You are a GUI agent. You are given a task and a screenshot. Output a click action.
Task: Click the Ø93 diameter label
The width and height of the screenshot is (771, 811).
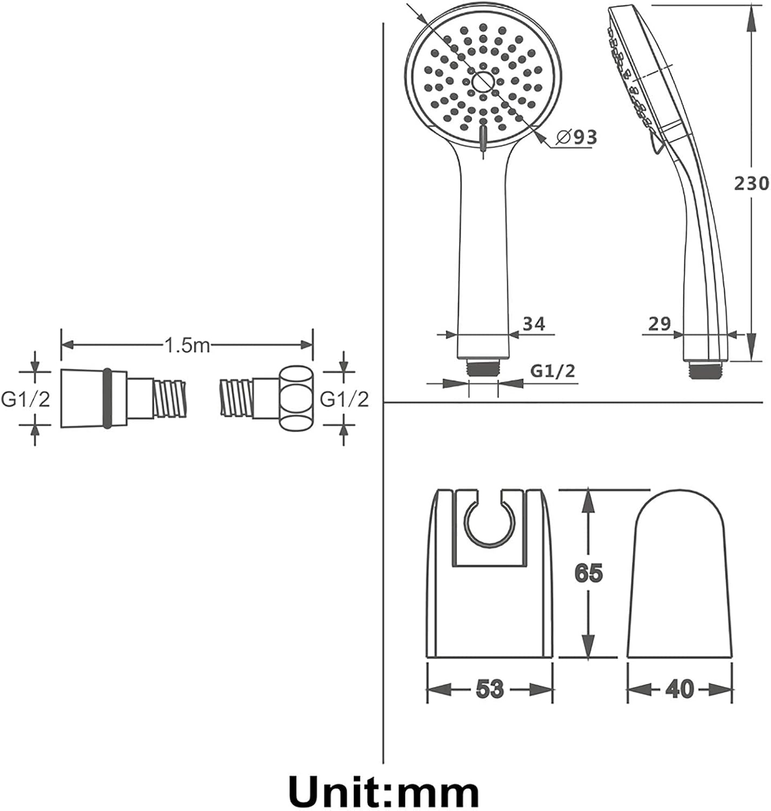[576, 137]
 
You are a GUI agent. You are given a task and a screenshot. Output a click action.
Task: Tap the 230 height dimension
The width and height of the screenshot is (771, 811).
[752, 183]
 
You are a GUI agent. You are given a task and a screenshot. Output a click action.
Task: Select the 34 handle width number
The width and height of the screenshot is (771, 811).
[534, 324]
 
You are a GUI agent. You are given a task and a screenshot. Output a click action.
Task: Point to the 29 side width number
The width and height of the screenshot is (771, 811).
[660, 324]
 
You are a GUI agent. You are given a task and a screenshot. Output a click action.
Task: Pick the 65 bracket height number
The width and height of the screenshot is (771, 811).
[589, 573]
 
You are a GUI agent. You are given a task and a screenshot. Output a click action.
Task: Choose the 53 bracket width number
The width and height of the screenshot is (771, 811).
[490, 688]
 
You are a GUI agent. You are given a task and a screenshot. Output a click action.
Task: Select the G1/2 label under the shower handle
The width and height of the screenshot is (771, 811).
[553, 371]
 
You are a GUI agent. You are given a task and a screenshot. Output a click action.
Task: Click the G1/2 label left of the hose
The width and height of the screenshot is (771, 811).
[25, 400]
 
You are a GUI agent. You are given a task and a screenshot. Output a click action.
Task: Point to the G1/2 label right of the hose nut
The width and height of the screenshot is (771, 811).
[344, 400]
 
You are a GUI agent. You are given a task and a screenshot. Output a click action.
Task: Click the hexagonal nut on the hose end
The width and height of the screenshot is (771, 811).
[296, 398]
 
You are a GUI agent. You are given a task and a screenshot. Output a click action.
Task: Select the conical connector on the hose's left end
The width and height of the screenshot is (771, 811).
[94, 398]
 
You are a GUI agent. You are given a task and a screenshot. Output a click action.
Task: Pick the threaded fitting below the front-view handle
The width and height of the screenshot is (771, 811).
[483, 368]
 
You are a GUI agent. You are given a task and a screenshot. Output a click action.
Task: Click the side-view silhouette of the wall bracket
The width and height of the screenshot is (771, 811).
[680, 575]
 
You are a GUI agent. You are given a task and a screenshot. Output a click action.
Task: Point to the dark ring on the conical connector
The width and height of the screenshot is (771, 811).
[107, 398]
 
